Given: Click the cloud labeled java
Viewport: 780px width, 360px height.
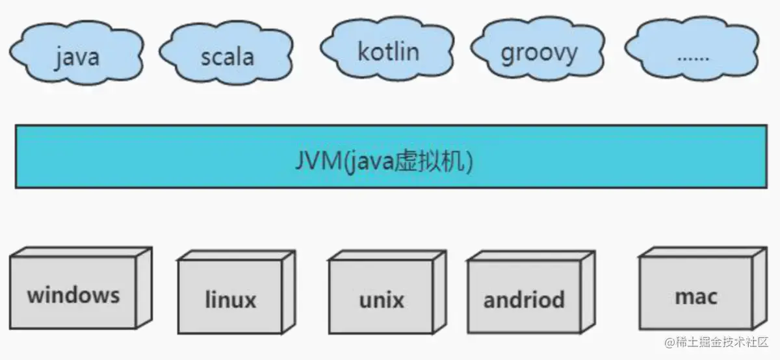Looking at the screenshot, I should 77,55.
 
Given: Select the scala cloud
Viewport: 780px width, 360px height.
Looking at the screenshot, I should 226,55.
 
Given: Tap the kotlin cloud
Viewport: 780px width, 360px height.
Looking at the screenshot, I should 388,51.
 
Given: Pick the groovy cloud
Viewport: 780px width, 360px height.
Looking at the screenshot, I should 539,52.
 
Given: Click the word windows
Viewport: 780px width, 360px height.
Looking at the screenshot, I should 73,295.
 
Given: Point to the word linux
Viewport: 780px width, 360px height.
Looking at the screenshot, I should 230,300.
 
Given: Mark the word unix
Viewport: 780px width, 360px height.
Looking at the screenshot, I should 381,300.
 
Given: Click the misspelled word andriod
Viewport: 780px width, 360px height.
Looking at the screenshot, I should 524,300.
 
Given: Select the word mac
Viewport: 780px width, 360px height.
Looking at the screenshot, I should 696,297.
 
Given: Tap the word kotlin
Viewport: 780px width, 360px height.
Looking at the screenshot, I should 388,51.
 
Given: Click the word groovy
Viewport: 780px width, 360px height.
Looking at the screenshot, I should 539,53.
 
